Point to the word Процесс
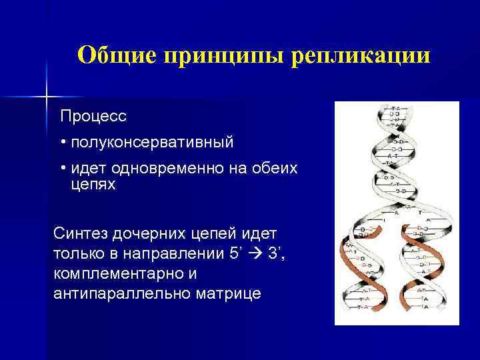pyautogui.click(x=93, y=116)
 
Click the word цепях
pyautogui.click(x=93, y=185)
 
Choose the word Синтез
pyautogui.click(x=82, y=234)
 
